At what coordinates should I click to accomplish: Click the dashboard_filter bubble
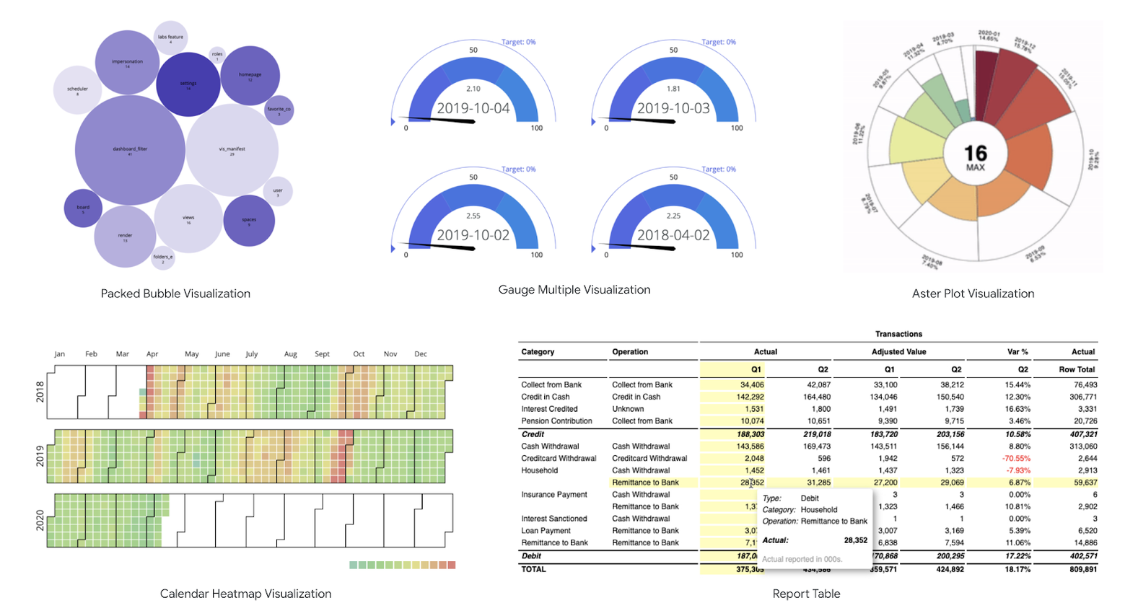tap(130, 150)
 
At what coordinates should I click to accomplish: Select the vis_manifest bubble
tap(232, 150)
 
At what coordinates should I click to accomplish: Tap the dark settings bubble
tap(188, 84)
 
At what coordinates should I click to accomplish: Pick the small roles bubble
tap(217, 55)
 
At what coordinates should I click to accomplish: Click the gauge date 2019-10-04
tap(473, 109)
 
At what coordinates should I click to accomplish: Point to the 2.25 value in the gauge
tap(673, 216)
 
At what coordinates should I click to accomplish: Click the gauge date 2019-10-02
tap(473, 235)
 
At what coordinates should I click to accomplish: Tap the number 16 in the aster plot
tap(975, 153)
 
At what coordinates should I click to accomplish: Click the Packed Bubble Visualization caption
tap(175, 294)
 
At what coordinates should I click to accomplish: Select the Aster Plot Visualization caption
tap(973, 294)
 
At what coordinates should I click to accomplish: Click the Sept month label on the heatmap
tap(322, 354)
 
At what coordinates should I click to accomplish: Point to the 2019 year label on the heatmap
tap(40, 456)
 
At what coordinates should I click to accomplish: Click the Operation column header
tap(630, 352)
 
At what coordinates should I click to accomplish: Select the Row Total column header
tap(1077, 369)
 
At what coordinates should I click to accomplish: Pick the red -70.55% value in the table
tap(1016, 459)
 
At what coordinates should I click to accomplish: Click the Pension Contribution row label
tap(556, 421)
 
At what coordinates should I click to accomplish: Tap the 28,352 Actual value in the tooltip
tap(855, 540)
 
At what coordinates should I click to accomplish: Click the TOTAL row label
tap(534, 569)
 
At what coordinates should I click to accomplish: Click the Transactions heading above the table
tap(898, 334)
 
